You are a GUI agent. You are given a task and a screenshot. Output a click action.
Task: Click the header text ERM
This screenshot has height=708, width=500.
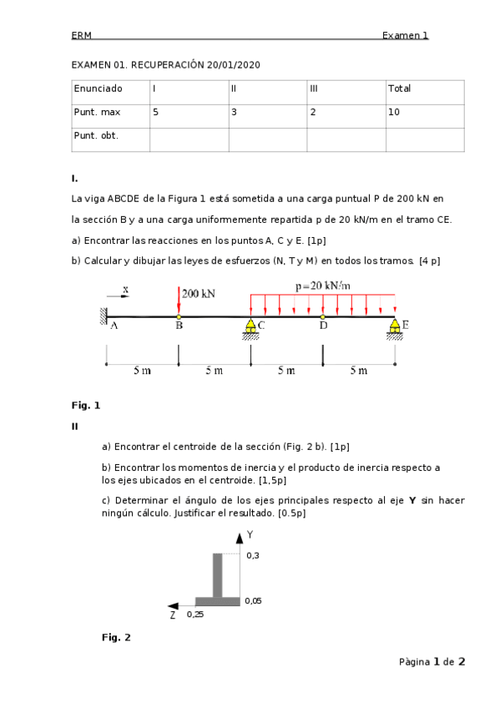pyautogui.click(x=81, y=35)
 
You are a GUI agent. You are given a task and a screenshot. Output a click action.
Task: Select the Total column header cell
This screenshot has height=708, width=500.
pyautogui.click(x=399, y=88)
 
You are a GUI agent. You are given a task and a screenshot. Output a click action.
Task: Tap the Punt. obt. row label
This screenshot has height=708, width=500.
pyautogui.click(x=96, y=134)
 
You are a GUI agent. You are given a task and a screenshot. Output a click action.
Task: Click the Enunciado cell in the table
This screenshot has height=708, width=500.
pyautogui.click(x=98, y=88)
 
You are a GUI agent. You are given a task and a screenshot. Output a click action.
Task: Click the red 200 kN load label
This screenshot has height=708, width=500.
pyautogui.click(x=199, y=294)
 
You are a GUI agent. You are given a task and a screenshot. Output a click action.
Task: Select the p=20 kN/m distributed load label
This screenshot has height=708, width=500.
pyautogui.click(x=322, y=286)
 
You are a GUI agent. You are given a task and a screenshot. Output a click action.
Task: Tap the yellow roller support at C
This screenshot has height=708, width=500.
pyautogui.click(x=250, y=326)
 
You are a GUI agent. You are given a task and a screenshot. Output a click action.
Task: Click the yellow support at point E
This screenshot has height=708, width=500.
pyautogui.click(x=394, y=326)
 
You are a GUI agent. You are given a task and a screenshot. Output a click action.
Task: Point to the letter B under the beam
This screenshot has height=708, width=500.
pyautogui.click(x=179, y=326)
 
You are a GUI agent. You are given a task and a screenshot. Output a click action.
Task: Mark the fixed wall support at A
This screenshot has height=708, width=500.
pyautogui.click(x=104, y=316)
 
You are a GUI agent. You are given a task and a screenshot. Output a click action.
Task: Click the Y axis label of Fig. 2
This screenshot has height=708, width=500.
pyautogui.click(x=249, y=534)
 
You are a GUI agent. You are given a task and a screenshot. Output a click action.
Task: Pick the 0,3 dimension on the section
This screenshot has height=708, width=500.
pyautogui.click(x=252, y=555)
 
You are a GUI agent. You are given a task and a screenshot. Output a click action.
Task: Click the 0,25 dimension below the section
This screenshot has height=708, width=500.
pyautogui.click(x=194, y=614)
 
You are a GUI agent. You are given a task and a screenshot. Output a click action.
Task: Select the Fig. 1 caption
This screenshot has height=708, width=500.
pyautogui.click(x=85, y=405)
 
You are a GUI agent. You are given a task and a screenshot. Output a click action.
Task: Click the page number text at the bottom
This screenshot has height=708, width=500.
pyautogui.click(x=432, y=662)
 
